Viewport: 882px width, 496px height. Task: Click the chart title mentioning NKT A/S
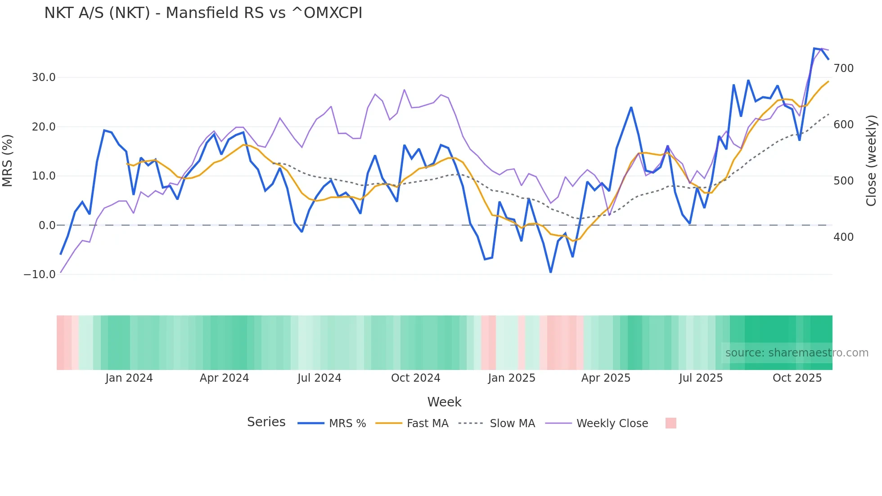203,13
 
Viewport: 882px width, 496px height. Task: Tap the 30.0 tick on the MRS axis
44,77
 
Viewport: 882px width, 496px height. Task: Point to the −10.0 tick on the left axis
40,274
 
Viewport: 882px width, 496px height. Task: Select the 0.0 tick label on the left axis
47,225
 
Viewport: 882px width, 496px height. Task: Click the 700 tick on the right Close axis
843,68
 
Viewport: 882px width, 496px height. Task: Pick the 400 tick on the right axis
843,237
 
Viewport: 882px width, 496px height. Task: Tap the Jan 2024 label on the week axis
129,378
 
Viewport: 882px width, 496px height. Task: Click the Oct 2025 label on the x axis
797,378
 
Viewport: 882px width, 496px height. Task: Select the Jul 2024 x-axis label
319,378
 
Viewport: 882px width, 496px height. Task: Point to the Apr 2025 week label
606,378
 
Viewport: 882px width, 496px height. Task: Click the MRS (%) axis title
8,160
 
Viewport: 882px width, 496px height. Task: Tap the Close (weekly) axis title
872,160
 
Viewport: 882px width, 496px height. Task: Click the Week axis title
444,402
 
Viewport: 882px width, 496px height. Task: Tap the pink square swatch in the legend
670,423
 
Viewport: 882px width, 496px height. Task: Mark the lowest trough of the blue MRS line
551,272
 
